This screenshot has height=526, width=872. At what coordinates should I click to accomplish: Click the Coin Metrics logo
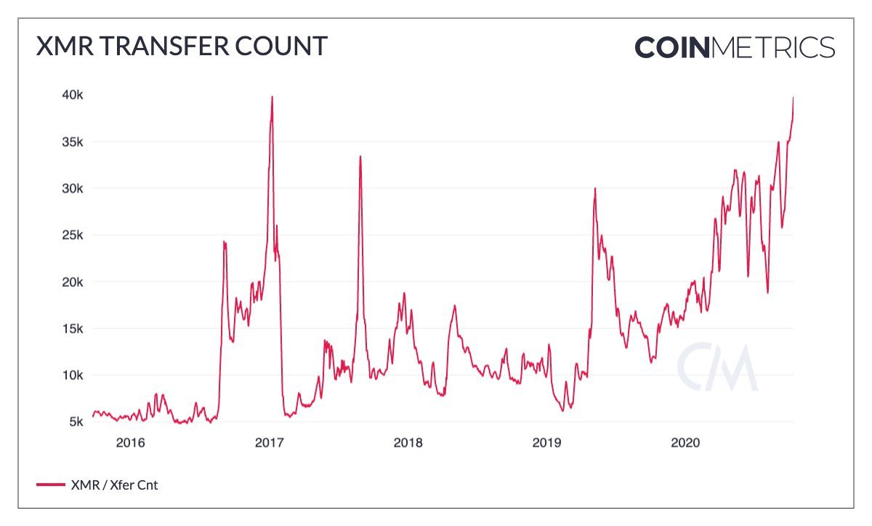[x=735, y=47]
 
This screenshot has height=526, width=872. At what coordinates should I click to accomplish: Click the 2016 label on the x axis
[x=131, y=442]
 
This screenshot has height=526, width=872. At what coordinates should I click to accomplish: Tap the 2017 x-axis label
[x=270, y=442]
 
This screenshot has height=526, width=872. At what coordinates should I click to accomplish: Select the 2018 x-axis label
[x=408, y=442]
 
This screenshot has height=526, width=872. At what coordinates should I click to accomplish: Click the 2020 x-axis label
[x=685, y=442]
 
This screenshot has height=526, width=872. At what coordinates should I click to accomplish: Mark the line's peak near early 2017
[x=272, y=97]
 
